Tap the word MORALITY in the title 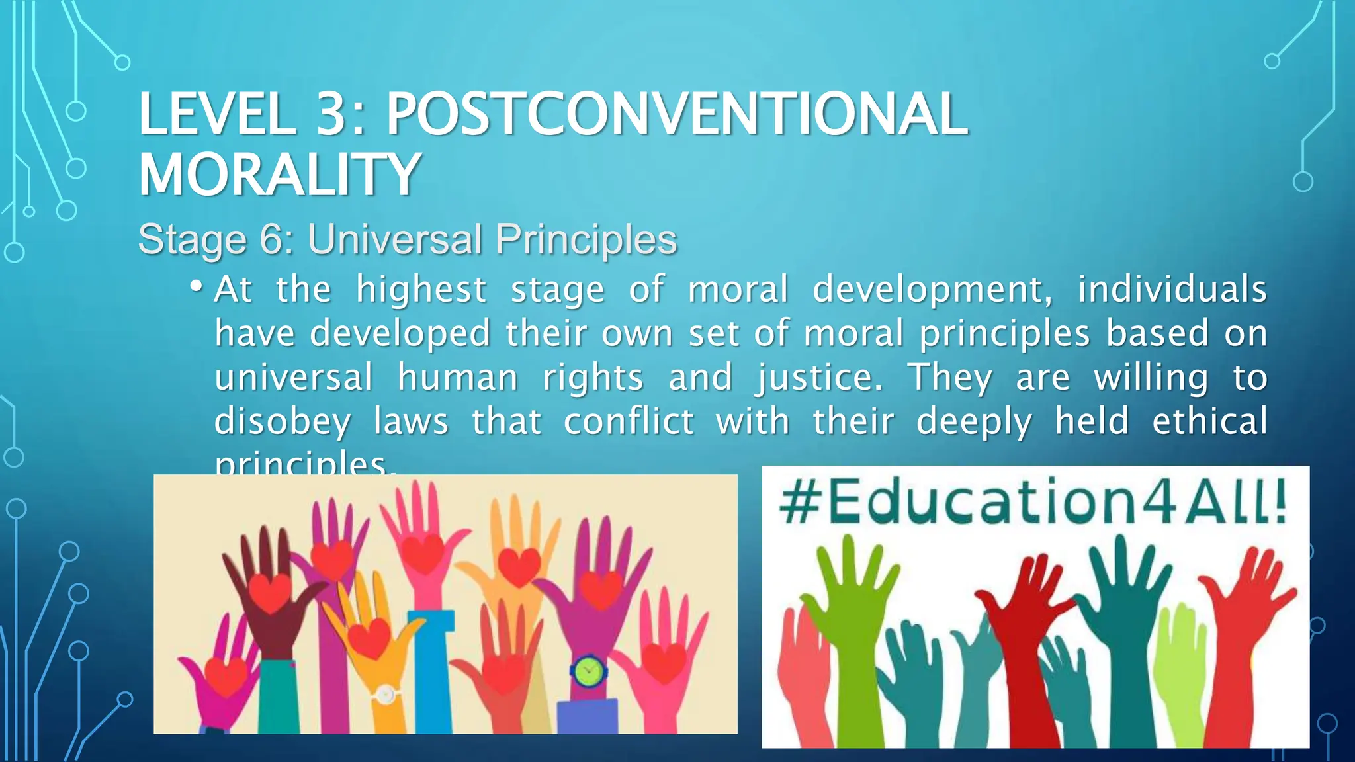click(x=279, y=174)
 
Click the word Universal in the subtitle click(x=396, y=239)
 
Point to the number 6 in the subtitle click(x=271, y=239)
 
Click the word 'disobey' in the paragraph click(x=283, y=422)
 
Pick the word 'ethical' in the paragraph click(x=1209, y=421)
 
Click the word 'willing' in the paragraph click(x=1151, y=378)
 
